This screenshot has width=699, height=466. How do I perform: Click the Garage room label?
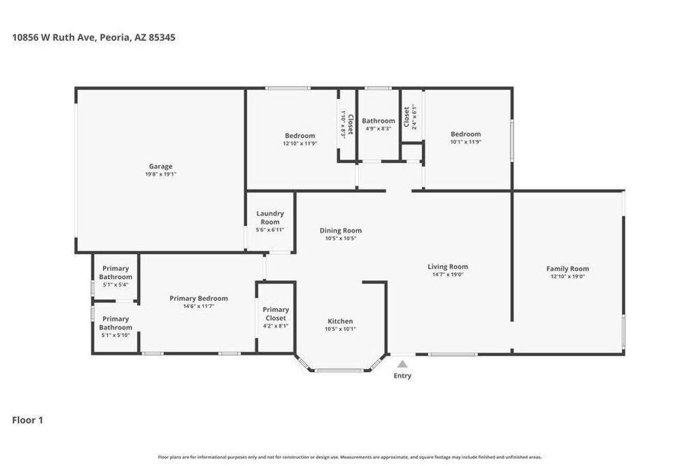(x=160, y=166)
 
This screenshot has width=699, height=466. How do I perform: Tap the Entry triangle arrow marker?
(x=402, y=364)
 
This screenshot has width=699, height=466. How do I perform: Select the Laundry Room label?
(x=270, y=218)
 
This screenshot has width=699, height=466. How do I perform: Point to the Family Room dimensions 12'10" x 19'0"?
(x=567, y=276)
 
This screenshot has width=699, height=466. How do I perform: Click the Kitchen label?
(x=340, y=321)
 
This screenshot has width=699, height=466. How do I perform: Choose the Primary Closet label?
(x=276, y=314)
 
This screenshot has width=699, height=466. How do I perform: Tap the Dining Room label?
(x=341, y=231)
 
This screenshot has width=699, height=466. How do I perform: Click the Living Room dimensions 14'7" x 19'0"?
(x=448, y=274)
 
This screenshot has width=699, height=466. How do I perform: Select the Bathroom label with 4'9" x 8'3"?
(x=378, y=121)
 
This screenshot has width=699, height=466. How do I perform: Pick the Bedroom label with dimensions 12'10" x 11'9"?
(x=300, y=136)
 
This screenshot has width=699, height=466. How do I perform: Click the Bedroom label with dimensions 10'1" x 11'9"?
(x=466, y=134)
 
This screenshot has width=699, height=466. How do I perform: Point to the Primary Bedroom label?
(x=199, y=298)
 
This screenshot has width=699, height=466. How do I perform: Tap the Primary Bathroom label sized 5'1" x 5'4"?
(x=115, y=273)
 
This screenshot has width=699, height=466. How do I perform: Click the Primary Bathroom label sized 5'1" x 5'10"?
(x=115, y=323)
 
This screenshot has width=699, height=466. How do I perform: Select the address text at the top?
(x=94, y=38)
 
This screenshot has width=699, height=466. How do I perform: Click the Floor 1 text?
(x=27, y=420)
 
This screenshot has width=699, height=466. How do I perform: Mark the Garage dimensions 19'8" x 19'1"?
(x=160, y=174)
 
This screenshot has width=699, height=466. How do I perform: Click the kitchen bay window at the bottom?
(x=339, y=370)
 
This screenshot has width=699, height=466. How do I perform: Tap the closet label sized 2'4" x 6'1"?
(x=407, y=117)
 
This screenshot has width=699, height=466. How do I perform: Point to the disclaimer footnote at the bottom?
(x=349, y=457)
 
